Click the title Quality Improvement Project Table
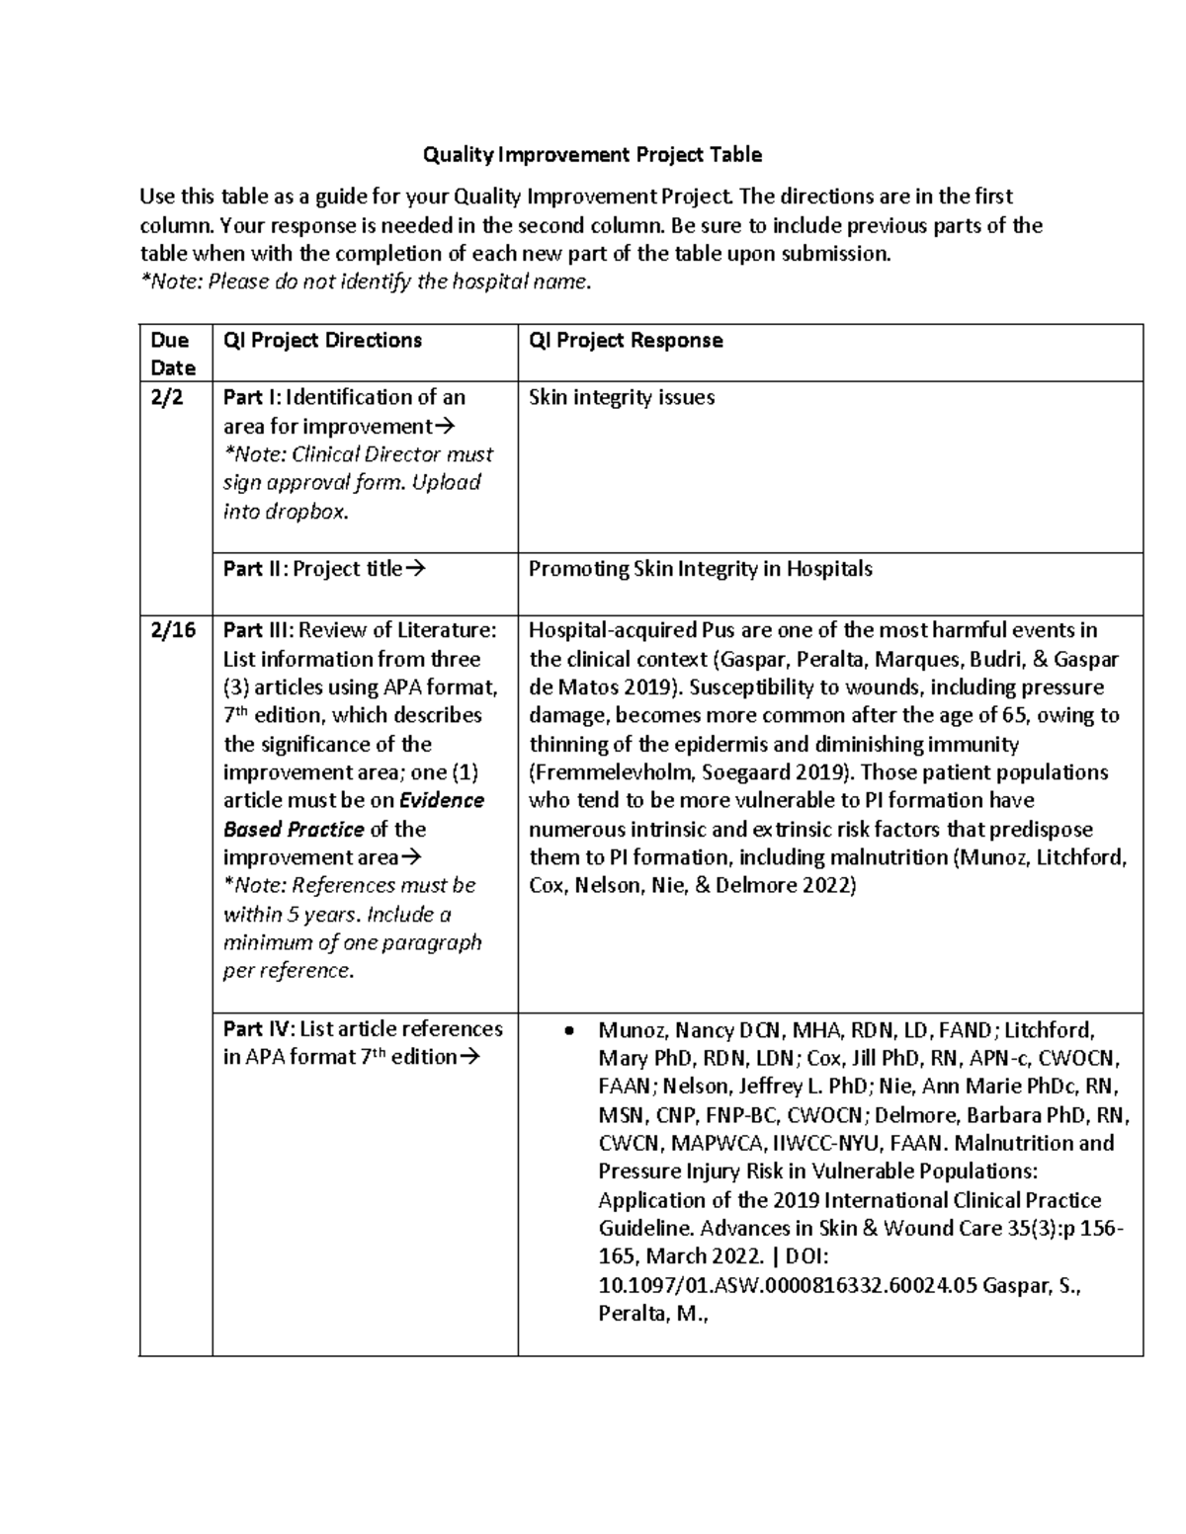tap(592, 154)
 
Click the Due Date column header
tap(172, 354)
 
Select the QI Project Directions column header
tap(322, 341)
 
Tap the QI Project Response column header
tap(626, 341)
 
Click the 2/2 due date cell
tap(167, 398)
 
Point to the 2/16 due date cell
tap(173, 630)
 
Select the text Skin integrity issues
tap(622, 398)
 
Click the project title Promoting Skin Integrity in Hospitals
tap(701, 569)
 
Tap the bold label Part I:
tap(252, 398)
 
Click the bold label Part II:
tap(255, 569)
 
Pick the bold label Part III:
tap(258, 630)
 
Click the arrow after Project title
tap(415, 569)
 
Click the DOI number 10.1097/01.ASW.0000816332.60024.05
tap(788, 1285)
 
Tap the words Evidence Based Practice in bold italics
tap(354, 815)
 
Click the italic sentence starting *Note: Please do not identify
tap(366, 283)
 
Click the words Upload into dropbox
tap(351, 498)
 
